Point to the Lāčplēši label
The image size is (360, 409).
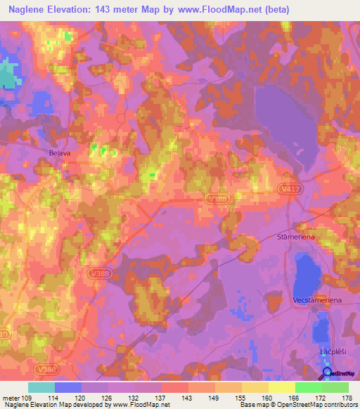[328, 349]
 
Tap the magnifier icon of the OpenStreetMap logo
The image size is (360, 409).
[327, 372]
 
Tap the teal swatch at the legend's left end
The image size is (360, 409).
[41, 387]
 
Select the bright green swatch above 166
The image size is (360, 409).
[308, 387]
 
